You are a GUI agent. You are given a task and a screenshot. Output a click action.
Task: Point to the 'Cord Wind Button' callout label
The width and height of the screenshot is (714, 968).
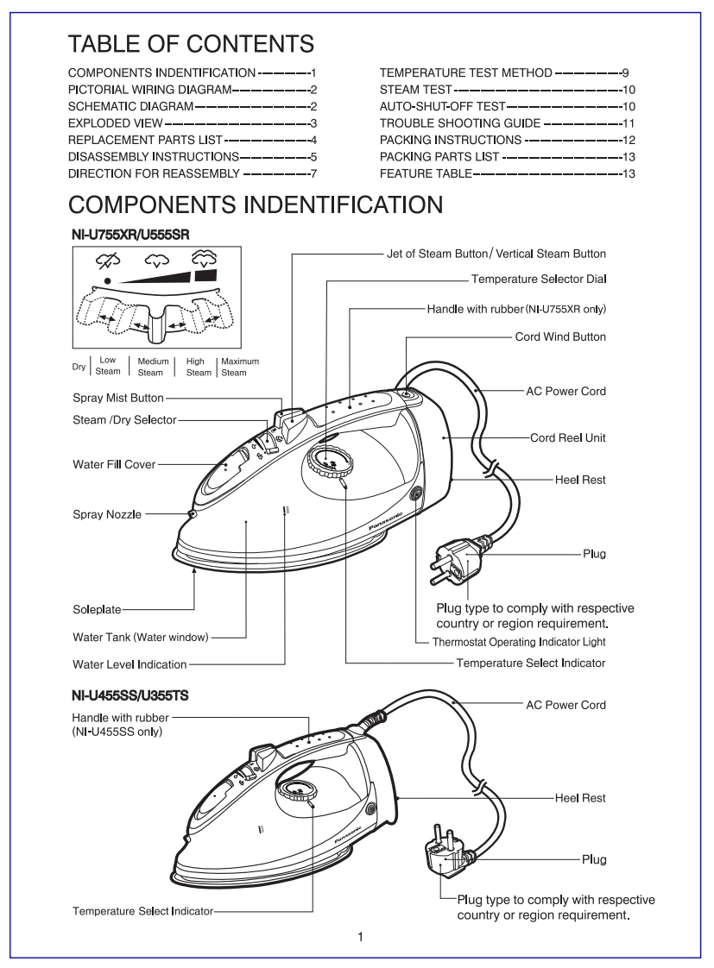click(x=560, y=336)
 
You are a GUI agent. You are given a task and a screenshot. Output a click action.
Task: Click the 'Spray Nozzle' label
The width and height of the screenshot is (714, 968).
click(x=105, y=514)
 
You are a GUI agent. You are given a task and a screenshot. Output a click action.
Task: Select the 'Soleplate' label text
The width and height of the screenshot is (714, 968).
click(x=98, y=610)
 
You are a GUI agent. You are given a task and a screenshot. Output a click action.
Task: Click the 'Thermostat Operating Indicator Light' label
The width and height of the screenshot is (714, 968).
click(x=519, y=642)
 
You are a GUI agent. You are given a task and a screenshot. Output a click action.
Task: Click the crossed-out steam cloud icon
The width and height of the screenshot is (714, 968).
click(x=107, y=259)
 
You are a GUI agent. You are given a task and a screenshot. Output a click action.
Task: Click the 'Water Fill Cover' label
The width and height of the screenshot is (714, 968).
click(x=114, y=464)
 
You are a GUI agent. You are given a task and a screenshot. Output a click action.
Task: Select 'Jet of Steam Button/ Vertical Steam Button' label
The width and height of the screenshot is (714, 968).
click(x=495, y=254)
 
